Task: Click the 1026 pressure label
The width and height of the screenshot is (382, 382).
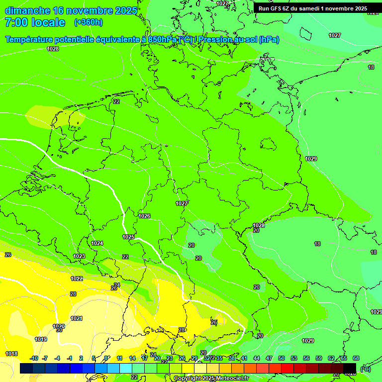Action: pyautogui.click(x=144, y=216)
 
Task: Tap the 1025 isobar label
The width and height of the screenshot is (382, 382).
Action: pyautogui.click(x=128, y=237)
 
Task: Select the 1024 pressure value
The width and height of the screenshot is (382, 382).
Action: pyautogui.click(x=97, y=243)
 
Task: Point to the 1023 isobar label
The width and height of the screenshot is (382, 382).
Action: pyautogui.click(x=79, y=256)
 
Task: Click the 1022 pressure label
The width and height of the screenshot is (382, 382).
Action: pyautogui.click(x=77, y=279)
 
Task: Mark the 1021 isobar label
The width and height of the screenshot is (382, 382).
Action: pyautogui.click(x=76, y=318)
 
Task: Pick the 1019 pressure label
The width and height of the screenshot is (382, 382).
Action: pyautogui.click(x=41, y=339)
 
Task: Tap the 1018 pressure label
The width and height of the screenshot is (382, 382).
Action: pyautogui.click(x=11, y=354)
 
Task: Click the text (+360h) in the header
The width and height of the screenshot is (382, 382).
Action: pyautogui.click(x=88, y=22)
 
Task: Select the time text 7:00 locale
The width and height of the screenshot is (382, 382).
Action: pyautogui.click(x=35, y=22)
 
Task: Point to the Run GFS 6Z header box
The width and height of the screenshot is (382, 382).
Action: pyautogui.click(x=312, y=8)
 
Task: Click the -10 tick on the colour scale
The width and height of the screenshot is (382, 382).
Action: pyautogui.click(x=34, y=358)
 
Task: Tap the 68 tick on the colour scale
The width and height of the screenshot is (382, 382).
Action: pyautogui.click(x=356, y=358)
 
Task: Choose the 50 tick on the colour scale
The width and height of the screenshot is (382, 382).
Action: pyautogui.click(x=282, y=358)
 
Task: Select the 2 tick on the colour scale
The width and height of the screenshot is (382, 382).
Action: pyautogui.click(x=81, y=358)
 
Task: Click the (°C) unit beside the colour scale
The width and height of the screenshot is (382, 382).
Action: pyautogui.click(x=365, y=369)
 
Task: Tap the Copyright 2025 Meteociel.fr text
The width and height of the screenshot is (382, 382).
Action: pyautogui.click(x=211, y=379)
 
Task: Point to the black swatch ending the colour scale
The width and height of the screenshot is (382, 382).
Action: pyautogui.click(x=350, y=368)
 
